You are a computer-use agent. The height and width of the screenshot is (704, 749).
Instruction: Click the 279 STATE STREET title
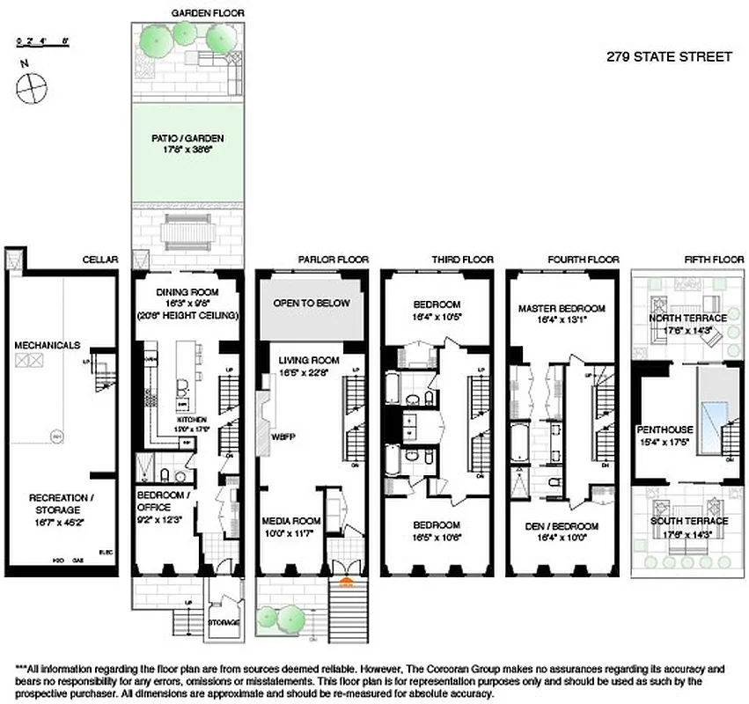[x=669, y=57]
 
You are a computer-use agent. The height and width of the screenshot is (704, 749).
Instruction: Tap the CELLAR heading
[x=99, y=260]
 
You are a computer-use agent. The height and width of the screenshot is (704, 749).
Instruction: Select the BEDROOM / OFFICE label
[x=161, y=501]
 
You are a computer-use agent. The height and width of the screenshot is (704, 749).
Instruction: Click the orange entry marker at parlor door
[x=346, y=582]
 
